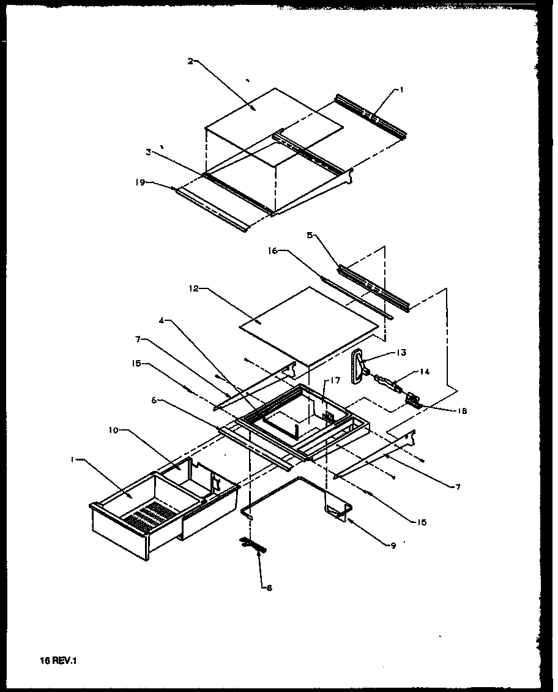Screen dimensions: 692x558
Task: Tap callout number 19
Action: (x=139, y=182)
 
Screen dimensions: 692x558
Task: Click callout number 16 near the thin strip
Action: (x=273, y=250)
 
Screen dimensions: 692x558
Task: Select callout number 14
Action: (x=424, y=371)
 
